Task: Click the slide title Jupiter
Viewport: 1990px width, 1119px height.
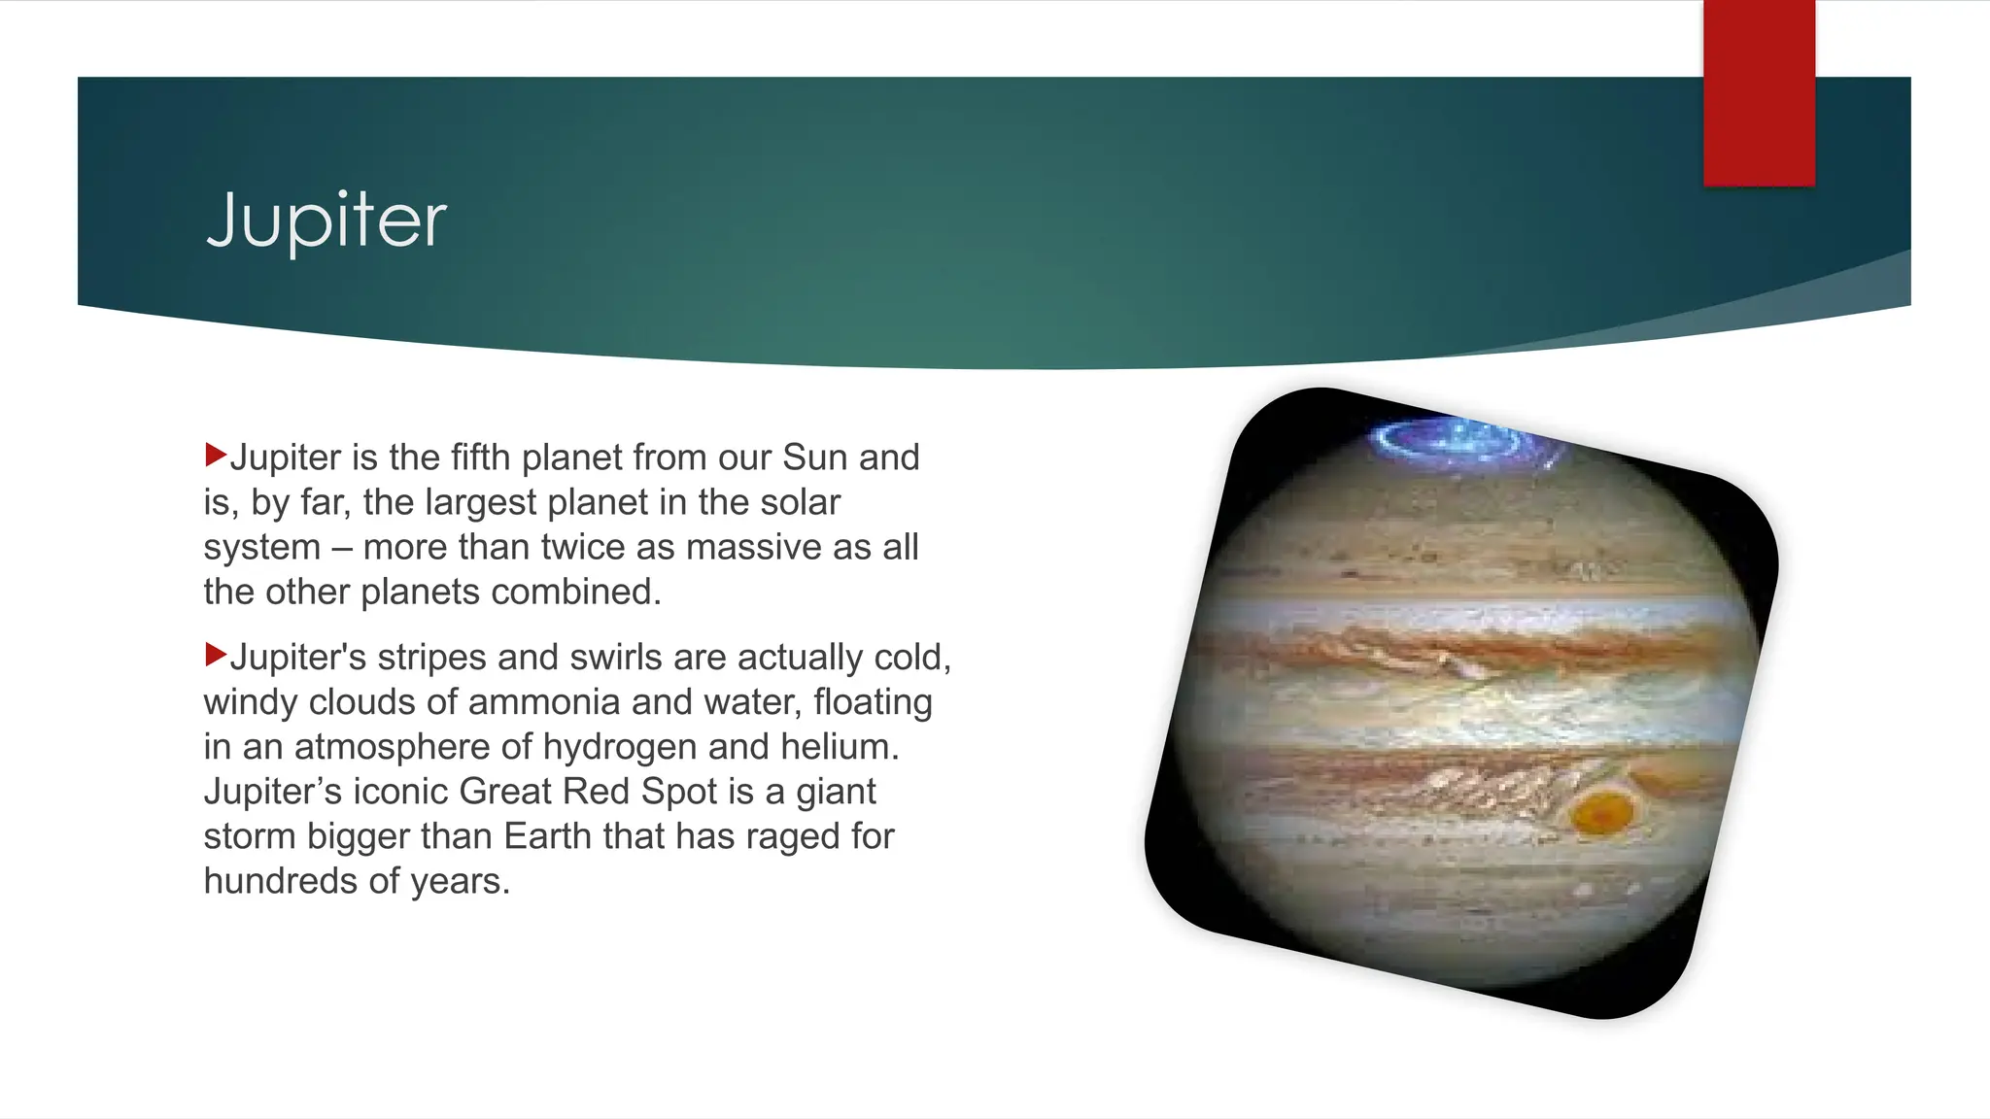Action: point(326,220)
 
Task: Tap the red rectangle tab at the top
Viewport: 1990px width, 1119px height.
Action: point(1759,93)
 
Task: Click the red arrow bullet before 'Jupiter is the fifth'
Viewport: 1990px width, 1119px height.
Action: point(216,455)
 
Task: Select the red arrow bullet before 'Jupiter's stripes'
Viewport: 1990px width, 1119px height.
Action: point(216,655)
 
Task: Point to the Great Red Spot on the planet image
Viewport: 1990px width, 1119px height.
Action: point(1602,812)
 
